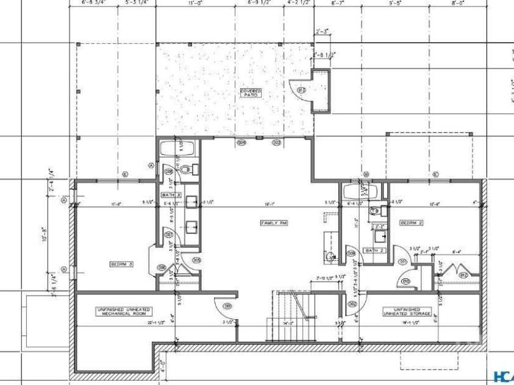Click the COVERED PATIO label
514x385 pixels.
[x=251, y=93]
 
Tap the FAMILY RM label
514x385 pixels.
[x=274, y=223]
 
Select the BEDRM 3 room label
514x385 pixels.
[x=121, y=264]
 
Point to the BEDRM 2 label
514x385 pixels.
[x=412, y=223]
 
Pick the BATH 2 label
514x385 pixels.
[x=373, y=250]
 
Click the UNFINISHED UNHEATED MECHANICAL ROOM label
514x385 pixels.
[x=124, y=311]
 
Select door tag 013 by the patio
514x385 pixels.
[x=301, y=91]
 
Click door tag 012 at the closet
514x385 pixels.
[x=463, y=275]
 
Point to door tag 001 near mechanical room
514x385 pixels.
[x=227, y=306]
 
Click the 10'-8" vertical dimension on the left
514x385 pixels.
[x=44, y=235]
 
